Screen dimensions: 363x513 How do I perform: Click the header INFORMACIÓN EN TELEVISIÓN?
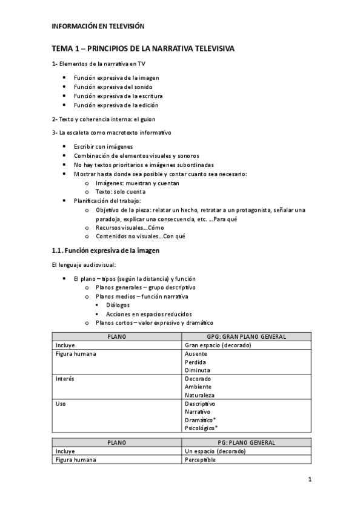[x=98, y=27]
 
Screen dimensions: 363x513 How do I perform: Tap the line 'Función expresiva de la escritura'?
[x=118, y=96]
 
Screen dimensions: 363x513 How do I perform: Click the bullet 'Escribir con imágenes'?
[x=103, y=146]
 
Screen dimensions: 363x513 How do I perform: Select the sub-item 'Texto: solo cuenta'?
[x=121, y=191]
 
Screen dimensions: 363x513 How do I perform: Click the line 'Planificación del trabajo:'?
[x=107, y=200]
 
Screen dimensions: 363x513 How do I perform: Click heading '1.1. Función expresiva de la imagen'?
[x=105, y=250]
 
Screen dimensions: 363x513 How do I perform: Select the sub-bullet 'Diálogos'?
[x=118, y=305]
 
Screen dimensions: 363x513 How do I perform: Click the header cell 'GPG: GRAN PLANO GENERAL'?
[x=247, y=336]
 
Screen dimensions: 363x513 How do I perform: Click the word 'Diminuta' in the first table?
[x=198, y=370]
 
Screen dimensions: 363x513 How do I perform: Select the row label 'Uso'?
[x=60, y=404]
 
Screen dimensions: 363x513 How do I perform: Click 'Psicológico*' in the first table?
[x=201, y=428]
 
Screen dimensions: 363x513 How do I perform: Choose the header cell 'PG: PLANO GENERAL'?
[x=247, y=442]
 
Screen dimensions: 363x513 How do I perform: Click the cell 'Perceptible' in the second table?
[x=200, y=460]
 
